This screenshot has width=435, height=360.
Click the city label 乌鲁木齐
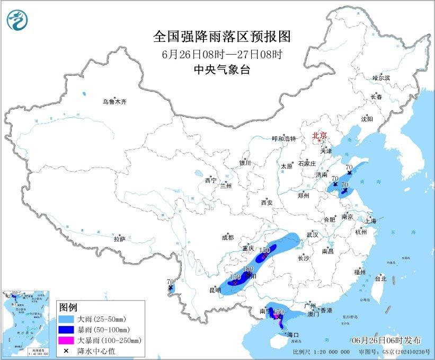115,101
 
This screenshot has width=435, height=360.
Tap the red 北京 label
319,136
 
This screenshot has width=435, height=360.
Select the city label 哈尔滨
381,78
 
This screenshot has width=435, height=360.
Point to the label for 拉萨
119,239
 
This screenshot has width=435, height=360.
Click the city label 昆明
215,290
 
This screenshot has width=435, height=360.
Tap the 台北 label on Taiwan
380,278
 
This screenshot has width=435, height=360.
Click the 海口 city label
293,335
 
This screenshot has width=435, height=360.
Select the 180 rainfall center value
247,269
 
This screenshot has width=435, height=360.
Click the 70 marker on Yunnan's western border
170,282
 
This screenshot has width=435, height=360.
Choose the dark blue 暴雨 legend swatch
67,330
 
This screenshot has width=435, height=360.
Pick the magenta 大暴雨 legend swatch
67,340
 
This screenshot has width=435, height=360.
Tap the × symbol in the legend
67,350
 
